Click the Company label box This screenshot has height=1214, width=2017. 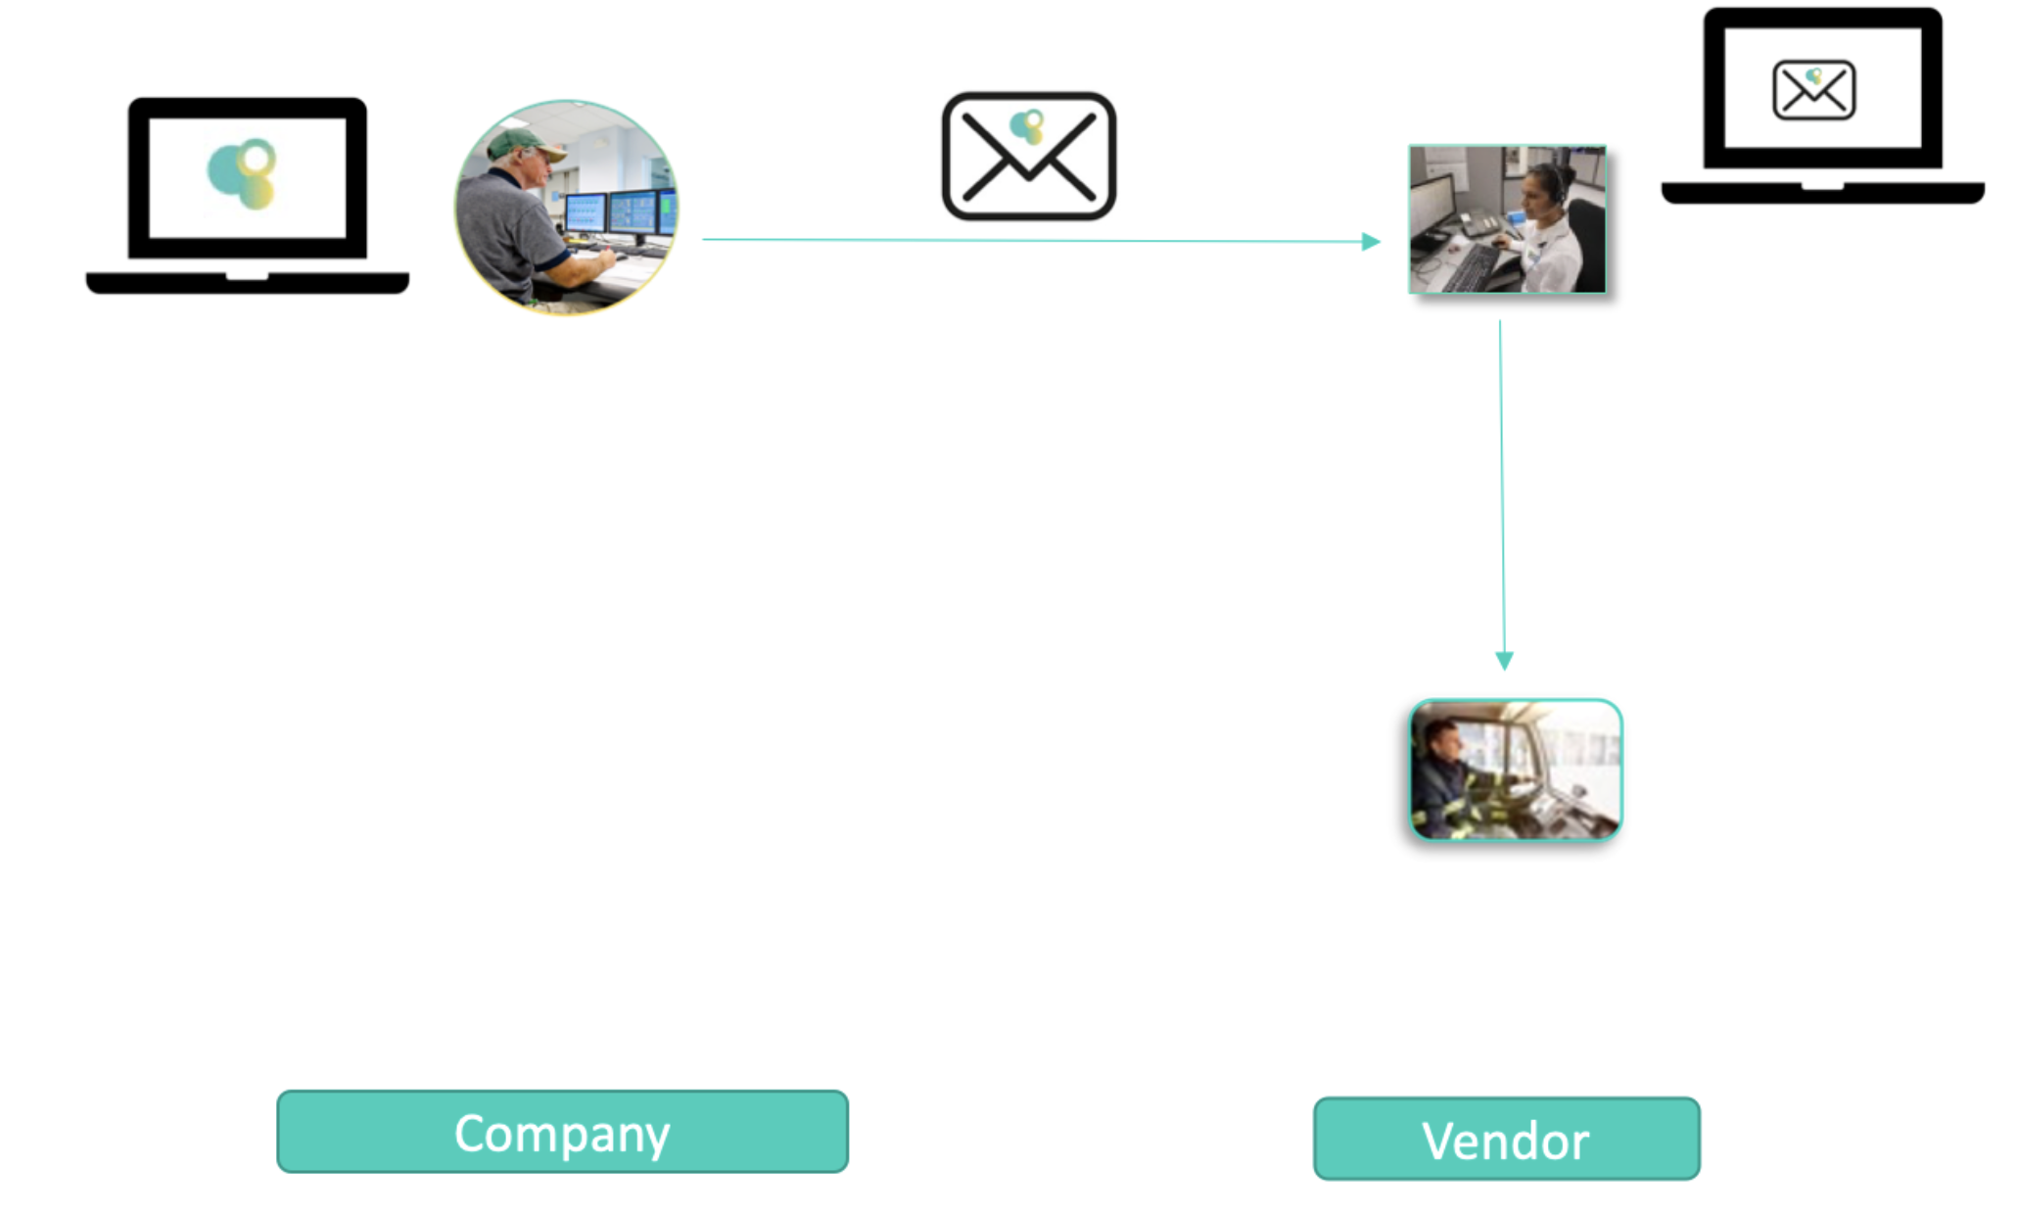pyautogui.click(x=562, y=1132)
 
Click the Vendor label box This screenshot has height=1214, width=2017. pyautogui.click(x=1506, y=1139)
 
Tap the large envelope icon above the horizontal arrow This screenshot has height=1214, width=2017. pyautogui.click(x=1028, y=157)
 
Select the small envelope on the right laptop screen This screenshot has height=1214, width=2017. pyautogui.click(x=1813, y=90)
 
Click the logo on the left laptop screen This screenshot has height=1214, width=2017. pyautogui.click(x=243, y=173)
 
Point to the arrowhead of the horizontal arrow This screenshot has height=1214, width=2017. pyautogui.click(x=1371, y=241)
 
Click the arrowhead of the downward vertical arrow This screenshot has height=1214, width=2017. pyautogui.click(x=1504, y=661)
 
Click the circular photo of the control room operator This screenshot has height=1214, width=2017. pyautogui.click(x=566, y=208)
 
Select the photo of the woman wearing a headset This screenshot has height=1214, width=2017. pyautogui.click(x=1507, y=219)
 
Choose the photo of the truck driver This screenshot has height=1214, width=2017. pyautogui.click(x=1515, y=770)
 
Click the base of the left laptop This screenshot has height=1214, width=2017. pyautogui.click(x=247, y=283)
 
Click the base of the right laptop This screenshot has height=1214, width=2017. pyautogui.click(x=1822, y=192)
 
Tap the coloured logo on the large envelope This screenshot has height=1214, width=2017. pyautogui.click(x=1027, y=126)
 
